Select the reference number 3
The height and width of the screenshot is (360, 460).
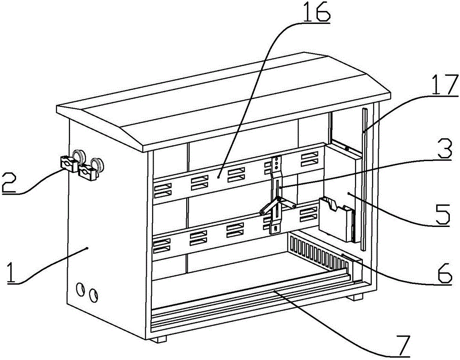pos(443,149)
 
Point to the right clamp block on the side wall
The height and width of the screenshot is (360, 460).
pos(87,172)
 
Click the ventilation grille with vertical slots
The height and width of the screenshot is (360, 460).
pos(318,251)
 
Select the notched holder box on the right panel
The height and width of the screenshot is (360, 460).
pos(336,219)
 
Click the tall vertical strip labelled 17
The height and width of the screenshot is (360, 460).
pos(364,179)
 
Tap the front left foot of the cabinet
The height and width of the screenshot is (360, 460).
pos(160,339)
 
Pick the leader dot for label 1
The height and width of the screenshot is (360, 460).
pos(87,249)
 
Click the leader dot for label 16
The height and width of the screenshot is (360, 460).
pos(218,177)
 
